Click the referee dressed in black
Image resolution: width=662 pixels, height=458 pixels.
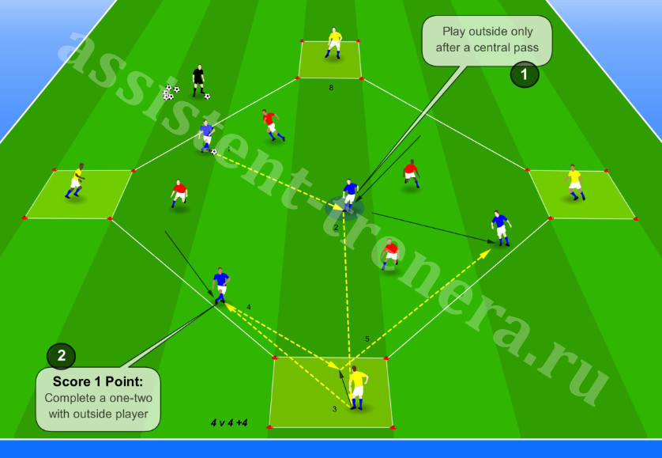click(198, 81)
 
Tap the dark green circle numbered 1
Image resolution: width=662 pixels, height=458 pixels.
click(525, 74)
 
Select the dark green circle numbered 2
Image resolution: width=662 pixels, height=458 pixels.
click(61, 356)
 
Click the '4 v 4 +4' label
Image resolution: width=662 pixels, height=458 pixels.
click(229, 422)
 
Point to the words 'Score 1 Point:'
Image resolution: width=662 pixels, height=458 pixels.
click(98, 381)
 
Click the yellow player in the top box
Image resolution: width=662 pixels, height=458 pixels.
click(334, 43)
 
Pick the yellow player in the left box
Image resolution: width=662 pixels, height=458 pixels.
click(76, 180)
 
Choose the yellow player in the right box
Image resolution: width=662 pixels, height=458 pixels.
click(574, 182)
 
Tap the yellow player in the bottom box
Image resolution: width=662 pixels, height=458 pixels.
click(357, 388)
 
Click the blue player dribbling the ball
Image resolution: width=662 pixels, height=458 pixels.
click(206, 136)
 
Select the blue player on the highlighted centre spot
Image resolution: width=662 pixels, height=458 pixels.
click(349, 195)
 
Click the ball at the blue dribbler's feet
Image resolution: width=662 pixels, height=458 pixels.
click(213, 152)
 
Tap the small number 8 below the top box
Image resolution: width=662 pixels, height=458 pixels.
click(331, 88)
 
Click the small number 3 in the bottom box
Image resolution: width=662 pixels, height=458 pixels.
click(335, 409)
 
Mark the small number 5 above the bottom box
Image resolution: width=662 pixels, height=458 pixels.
click(367, 339)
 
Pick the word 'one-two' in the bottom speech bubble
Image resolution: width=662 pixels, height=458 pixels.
click(130, 398)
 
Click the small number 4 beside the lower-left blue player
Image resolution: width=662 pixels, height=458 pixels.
click(249, 307)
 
